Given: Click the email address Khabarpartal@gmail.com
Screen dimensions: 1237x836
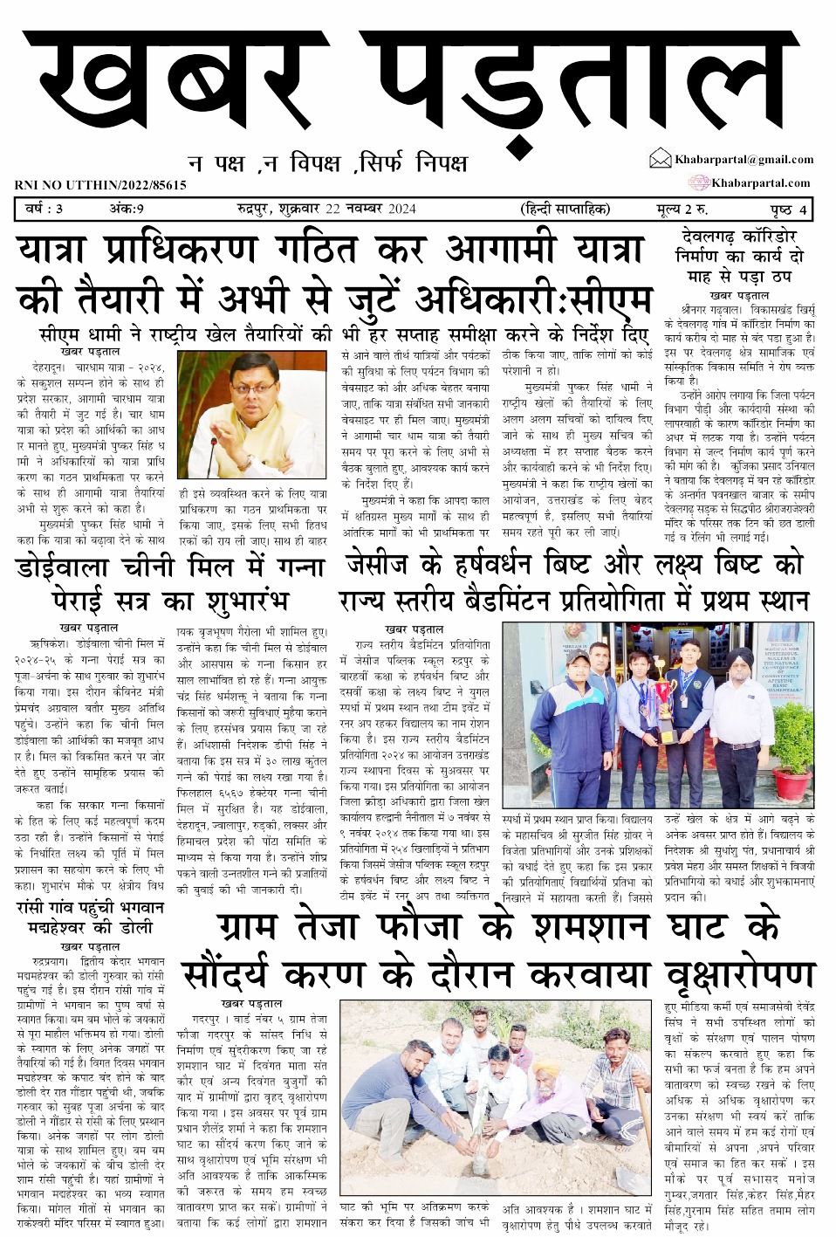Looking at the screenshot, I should pyautogui.click(x=743, y=159).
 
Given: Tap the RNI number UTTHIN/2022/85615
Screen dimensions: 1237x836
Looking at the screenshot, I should pyautogui.click(x=100, y=185).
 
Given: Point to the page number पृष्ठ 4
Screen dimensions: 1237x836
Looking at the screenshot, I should pyautogui.click(x=788, y=210).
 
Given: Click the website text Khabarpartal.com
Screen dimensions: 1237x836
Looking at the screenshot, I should pyautogui.click(x=760, y=182).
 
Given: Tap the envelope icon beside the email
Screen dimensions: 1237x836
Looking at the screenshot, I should pyautogui.click(x=660, y=159).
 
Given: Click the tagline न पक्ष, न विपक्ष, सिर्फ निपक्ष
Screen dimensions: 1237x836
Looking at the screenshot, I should pyautogui.click(x=327, y=162).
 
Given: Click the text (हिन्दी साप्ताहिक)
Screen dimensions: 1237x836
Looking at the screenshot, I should pyautogui.click(x=564, y=210).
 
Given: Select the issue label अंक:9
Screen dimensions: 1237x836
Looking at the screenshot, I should pyautogui.click(x=126, y=210).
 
